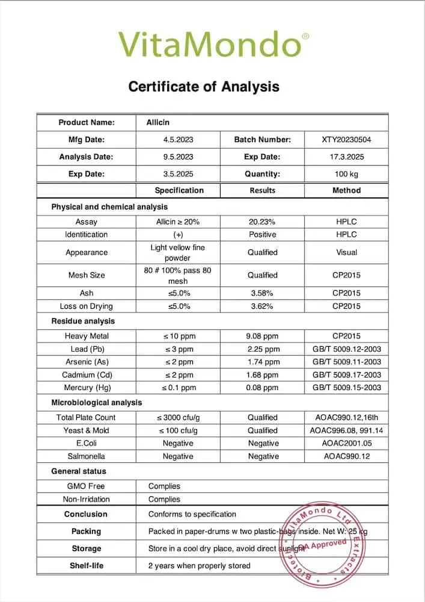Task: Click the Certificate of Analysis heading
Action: [x=204, y=87]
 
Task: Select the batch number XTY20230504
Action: [x=346, y=140]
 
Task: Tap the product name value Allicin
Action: [x=158, y=123]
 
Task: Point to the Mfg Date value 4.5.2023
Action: [x=179, y=140]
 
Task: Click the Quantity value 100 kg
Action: [x=346, y=174]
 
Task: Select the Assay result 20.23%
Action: [x=262, y=222]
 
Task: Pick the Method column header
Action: [x=346, y=190]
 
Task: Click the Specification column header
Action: [x=179, y=190]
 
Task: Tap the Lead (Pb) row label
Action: [x=87, y=349]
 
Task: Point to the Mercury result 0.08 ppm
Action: [x=262, y=388]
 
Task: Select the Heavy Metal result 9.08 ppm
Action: [x=262, y=336]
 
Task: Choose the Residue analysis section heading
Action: [x=83, y=321]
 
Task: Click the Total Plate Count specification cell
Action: [x=179, y=417]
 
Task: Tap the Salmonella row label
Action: [x=87, y=456]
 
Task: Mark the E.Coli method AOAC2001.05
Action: [x=346, y=443]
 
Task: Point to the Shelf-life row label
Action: [x=87, y=566]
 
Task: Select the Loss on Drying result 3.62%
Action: [x=262, y=306]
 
